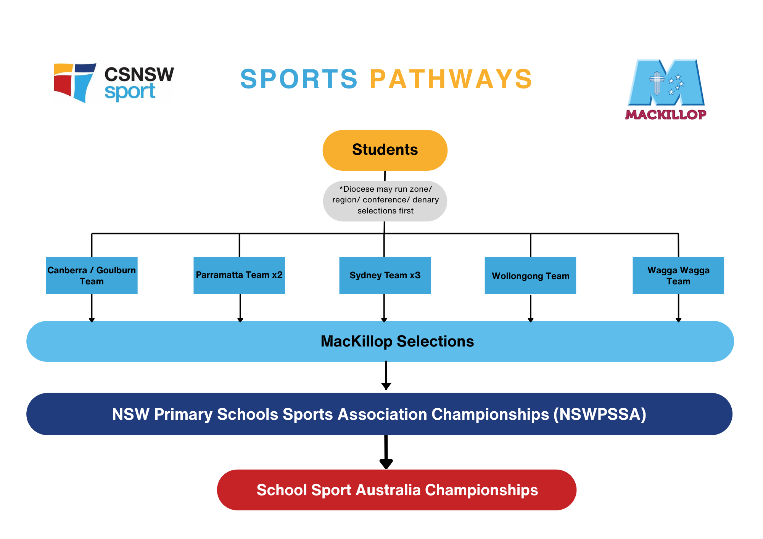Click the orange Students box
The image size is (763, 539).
[385, 150]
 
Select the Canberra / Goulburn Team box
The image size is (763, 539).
[92, 275]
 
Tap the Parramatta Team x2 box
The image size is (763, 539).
[239, 275]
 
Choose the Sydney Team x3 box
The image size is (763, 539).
[385, 275]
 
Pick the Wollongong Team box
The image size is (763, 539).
[530, 275]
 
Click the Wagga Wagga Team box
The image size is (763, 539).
[678, 275]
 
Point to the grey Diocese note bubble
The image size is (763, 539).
[385, 201]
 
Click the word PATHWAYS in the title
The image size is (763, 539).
[451, 79]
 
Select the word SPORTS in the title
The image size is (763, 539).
[299, 79]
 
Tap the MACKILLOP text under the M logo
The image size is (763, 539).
[666, 115]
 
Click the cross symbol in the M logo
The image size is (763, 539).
[657, 82]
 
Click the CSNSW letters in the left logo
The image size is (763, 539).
[139, 74]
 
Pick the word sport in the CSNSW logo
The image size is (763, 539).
[130, 92]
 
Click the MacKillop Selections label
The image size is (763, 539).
[397, 341]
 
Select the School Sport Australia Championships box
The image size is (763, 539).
[397, 490]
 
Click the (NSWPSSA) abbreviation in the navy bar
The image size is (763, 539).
[600, 414]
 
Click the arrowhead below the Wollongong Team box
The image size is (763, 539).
[530, 319]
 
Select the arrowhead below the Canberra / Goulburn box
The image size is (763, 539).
[92, 319]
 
